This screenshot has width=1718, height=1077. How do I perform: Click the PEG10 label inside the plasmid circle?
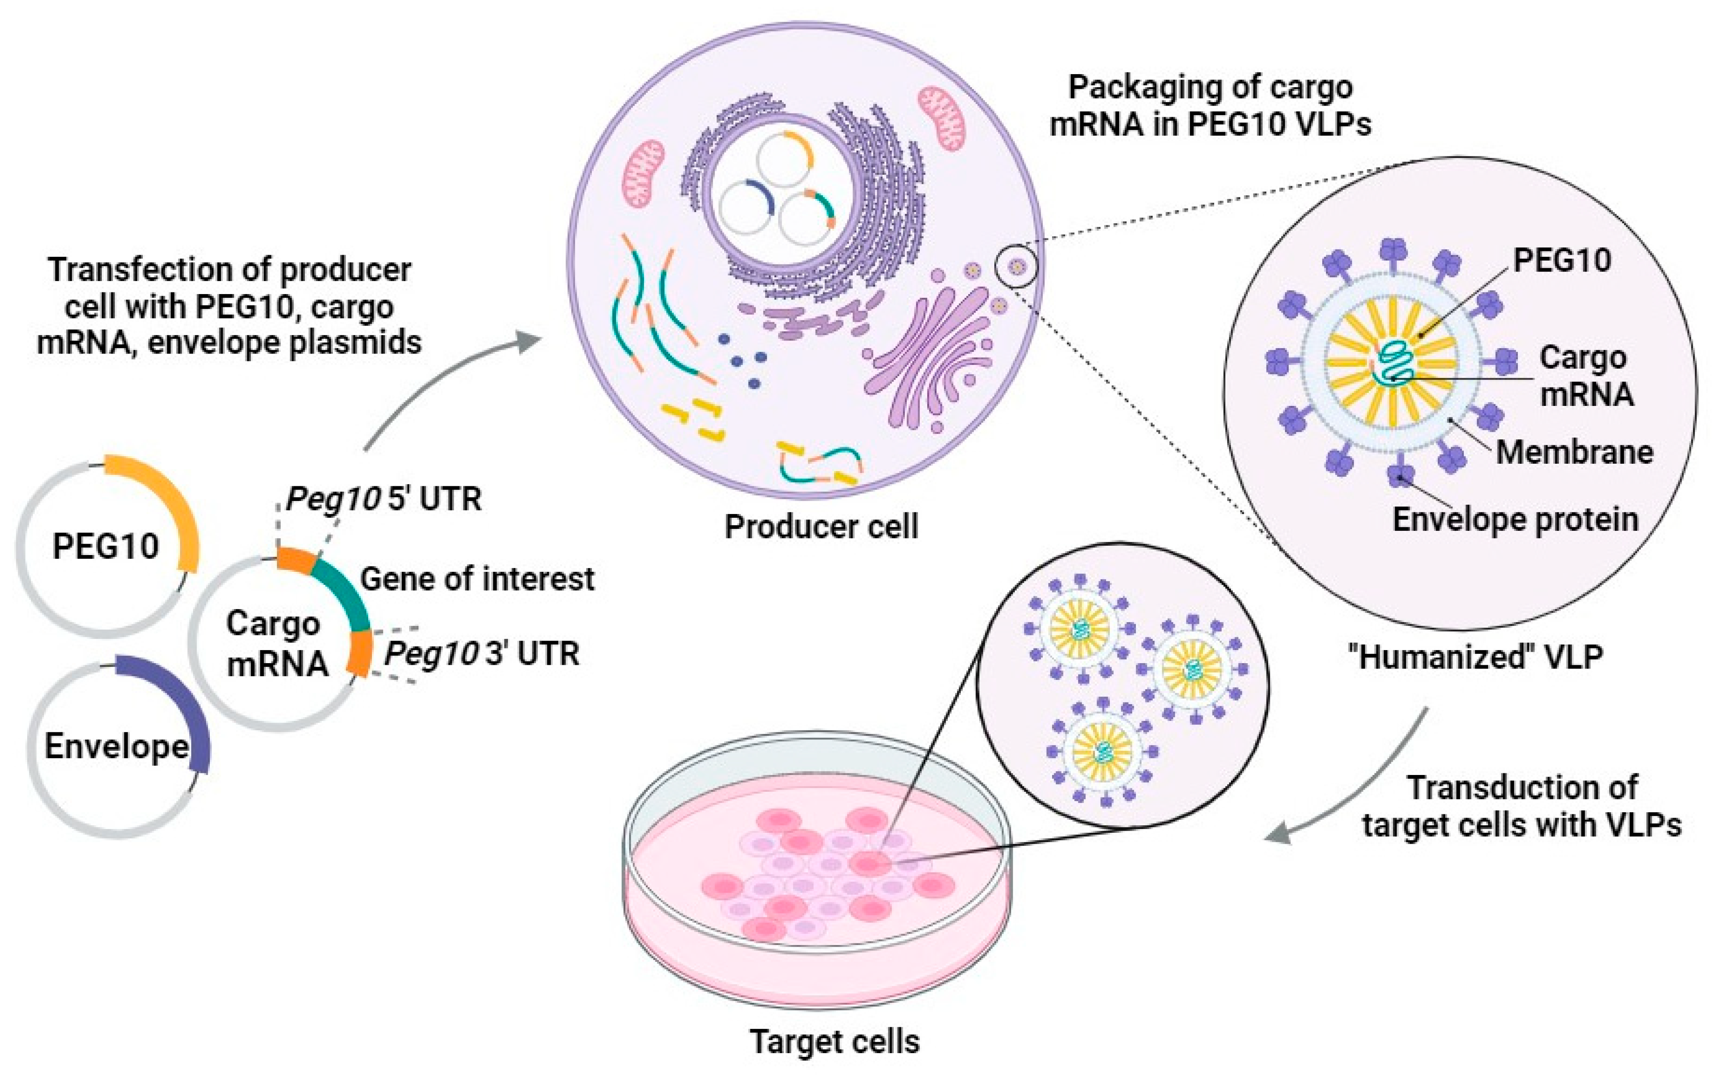coord(106,546)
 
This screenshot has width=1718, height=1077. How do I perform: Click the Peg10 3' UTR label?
coord(482,653)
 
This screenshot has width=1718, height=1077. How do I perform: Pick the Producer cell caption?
coord(821,527)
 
